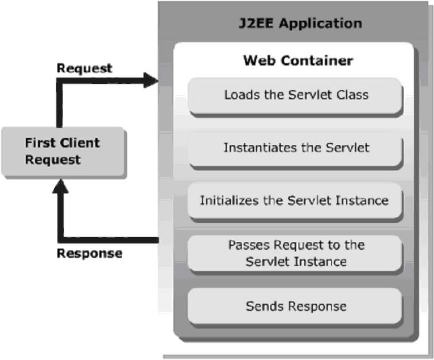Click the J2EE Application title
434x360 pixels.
300,24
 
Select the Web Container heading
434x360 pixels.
298,60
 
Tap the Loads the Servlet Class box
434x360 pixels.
296,95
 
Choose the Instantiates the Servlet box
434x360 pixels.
296,148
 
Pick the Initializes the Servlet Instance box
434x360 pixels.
294,200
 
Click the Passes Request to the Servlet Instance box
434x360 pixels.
296,253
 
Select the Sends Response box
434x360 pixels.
296,306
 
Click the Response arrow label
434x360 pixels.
89,253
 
